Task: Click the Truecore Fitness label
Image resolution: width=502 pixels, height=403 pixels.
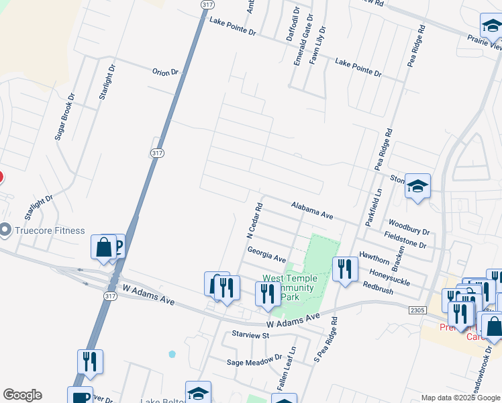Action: (x=51, y=230)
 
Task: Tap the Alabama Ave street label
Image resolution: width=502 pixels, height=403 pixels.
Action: (x=312, y=210)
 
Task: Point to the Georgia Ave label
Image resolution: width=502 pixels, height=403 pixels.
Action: (x=266, y=254)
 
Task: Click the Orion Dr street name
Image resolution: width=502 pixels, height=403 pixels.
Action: (x=165, y=72)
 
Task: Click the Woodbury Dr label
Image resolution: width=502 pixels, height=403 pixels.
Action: (x=409, y=226)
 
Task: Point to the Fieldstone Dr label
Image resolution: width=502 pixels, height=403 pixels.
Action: (x=405, y=241)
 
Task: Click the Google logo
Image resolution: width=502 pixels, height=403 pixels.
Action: (x=22, y=395)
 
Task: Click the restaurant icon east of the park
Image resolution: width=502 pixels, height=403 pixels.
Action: (x=344, y=269)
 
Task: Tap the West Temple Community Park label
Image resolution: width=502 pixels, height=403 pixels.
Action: (x=289, y=287)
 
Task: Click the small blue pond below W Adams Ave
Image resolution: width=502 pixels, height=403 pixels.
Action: (x=172, y=354)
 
